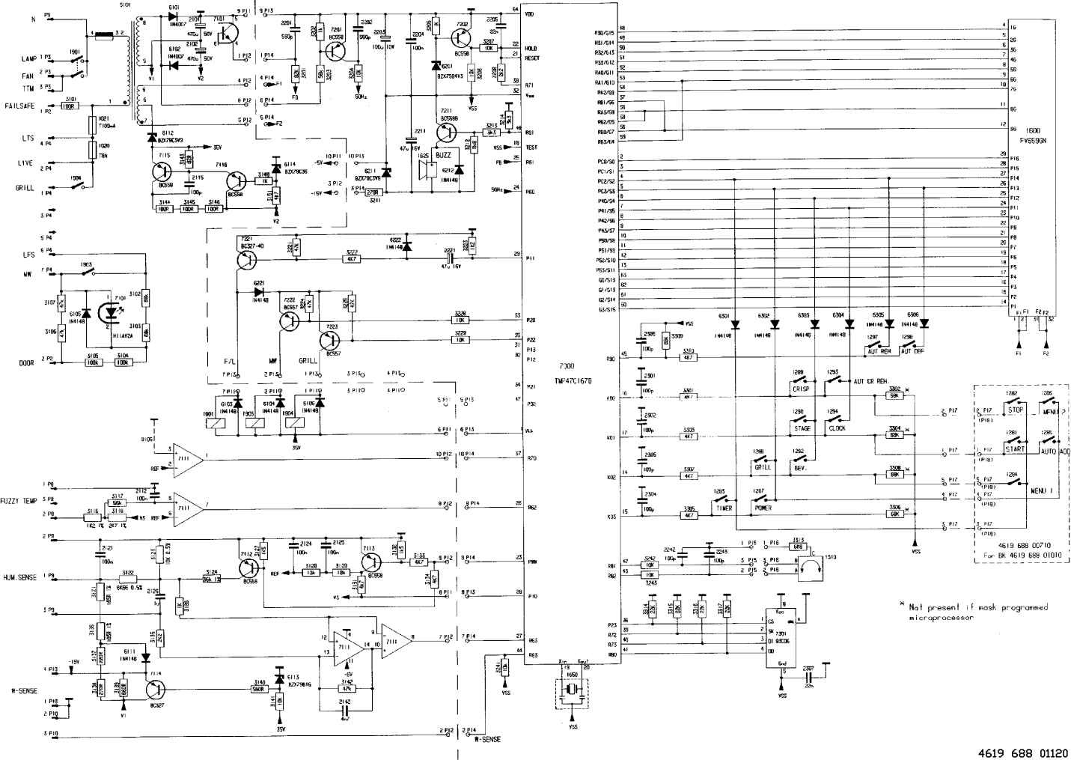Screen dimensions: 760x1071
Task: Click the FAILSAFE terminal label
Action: coord(20,106)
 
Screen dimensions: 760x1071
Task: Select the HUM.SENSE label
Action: coord(19,579)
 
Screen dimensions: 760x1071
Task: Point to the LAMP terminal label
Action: coord(29,58)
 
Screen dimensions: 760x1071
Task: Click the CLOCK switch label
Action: coord(837,428)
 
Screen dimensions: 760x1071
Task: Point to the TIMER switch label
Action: coord(724,508)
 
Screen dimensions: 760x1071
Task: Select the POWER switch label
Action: coord(763,508)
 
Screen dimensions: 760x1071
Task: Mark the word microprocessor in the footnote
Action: coord(943,618)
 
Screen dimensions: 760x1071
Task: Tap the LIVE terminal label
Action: coord(25,163)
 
